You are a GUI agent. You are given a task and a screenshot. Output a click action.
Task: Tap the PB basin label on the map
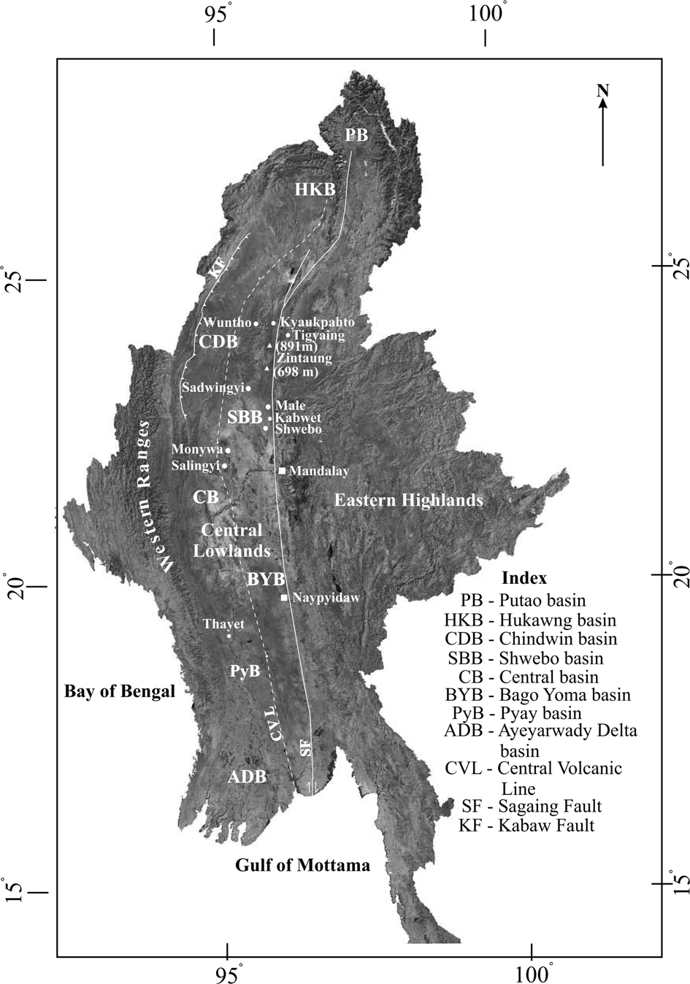[356, 135]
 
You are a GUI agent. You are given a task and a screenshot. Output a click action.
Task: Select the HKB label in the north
[315, 190]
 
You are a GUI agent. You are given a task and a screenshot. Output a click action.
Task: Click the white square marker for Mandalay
[282, 471]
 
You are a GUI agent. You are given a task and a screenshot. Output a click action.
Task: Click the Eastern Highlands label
[408, 500]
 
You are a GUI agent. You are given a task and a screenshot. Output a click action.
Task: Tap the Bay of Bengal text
[120, 691]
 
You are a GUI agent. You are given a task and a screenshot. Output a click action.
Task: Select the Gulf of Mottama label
[302, 866]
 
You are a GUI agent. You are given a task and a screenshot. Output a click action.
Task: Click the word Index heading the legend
[524, 578]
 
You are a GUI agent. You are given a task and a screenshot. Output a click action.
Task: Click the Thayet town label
[223, 625]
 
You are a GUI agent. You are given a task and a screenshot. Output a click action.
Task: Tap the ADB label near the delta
[247, 777]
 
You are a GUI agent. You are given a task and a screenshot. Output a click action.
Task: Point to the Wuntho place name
[227, 323]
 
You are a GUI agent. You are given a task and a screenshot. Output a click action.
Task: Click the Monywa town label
[196, 450]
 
